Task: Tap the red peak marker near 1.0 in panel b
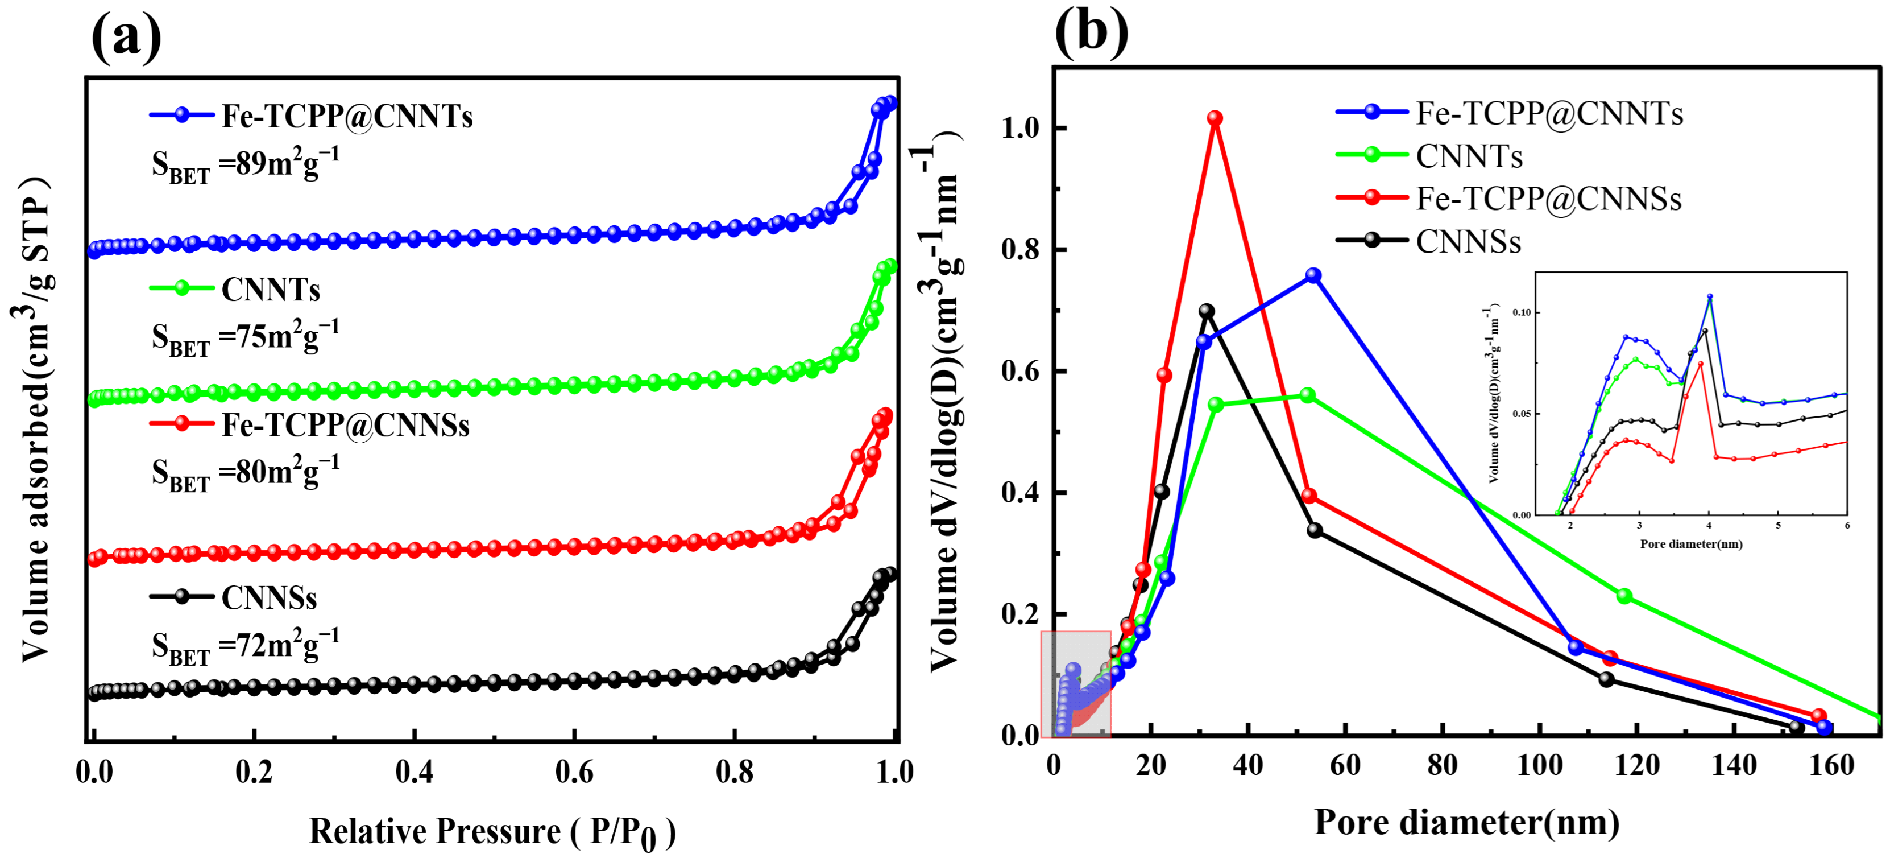tap(1215, 118)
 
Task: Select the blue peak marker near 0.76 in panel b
tap(1313, 275)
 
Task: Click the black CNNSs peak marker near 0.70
tap(1206, 311)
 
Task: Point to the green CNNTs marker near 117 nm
tap(1624, 596)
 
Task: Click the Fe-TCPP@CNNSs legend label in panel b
tap(1548, 199)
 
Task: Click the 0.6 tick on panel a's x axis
tap(574, 772)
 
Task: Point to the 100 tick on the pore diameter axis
tap(1539, 765)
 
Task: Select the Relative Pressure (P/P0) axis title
tap(492, 832)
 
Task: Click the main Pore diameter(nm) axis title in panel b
tap(1466, 822)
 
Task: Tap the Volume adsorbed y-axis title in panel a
tap(35, 418)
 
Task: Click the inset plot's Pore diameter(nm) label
tap(1691, 544)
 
